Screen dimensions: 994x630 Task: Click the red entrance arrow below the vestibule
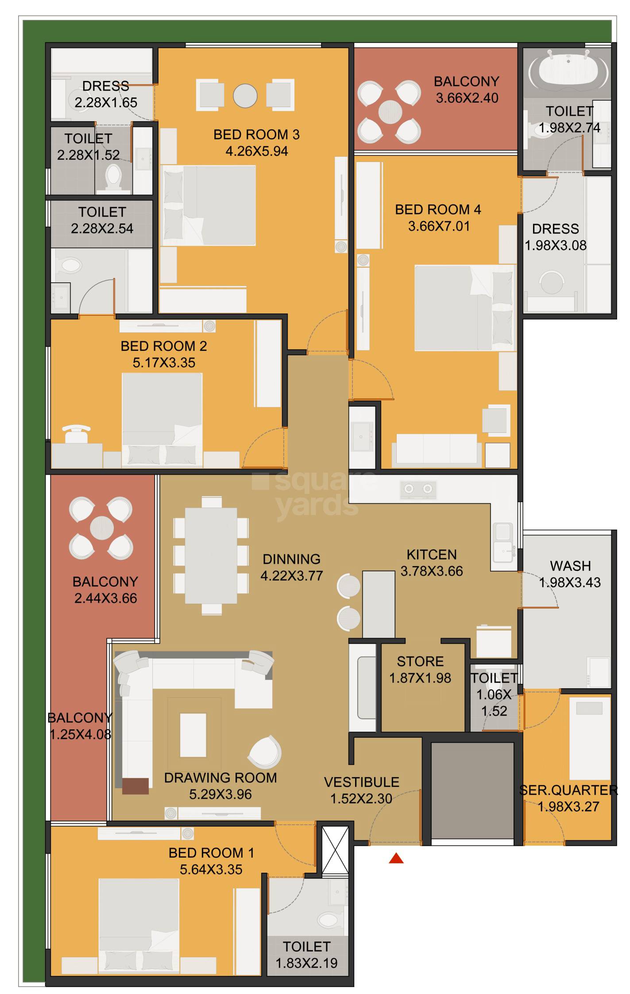(x=396, y=859)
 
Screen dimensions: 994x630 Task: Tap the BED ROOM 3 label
(x=256, y=135)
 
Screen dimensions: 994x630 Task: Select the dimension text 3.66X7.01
(x=438, y=226)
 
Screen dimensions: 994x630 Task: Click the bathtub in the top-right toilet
(x=568, y=71)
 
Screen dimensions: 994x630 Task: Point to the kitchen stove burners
(x=418, y=489)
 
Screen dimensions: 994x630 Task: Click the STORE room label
(x=420, y=661)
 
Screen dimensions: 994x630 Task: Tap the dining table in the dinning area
(x=211, y=556)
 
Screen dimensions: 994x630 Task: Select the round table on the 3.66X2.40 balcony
(x=390, y=112)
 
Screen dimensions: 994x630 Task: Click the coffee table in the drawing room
(x=193, y=735)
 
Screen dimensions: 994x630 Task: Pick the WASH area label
(x=570, y=566)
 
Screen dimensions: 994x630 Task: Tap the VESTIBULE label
(x=361, y=782)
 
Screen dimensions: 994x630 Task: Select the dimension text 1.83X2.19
(x=306, y=963)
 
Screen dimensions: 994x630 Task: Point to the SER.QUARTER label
(x=568, y=790)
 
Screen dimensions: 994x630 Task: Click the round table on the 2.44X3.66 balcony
(x=102, y=528)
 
